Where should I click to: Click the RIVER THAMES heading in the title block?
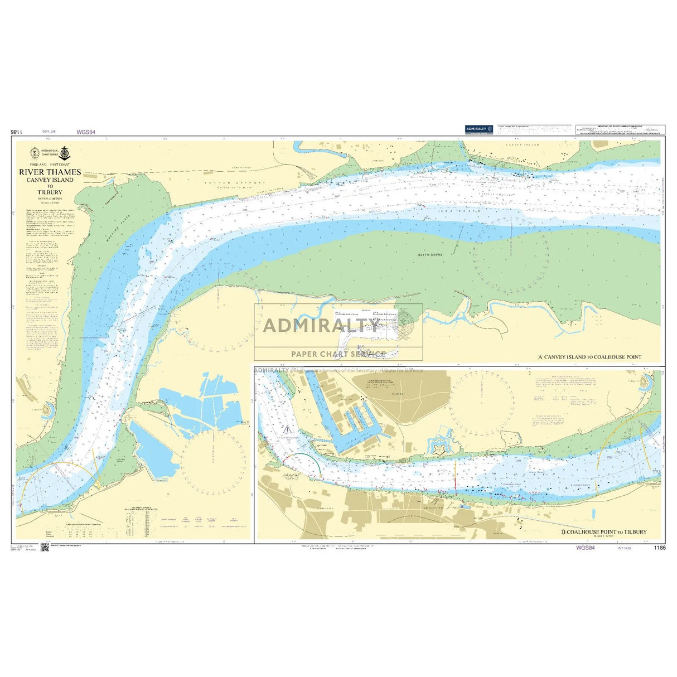50,172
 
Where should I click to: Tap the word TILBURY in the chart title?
50,192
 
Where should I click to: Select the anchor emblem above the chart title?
64,152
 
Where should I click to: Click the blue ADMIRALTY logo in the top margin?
479,129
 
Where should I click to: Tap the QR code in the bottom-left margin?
45,549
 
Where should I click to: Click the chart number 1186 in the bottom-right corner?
659,548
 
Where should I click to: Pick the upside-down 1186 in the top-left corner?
16,133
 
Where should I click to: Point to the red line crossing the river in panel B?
456,476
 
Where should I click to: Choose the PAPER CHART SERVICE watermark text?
338,354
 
